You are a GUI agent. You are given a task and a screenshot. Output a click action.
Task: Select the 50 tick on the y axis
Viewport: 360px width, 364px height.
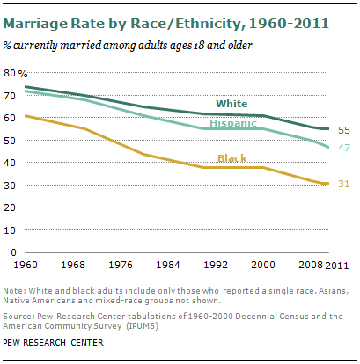15,140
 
